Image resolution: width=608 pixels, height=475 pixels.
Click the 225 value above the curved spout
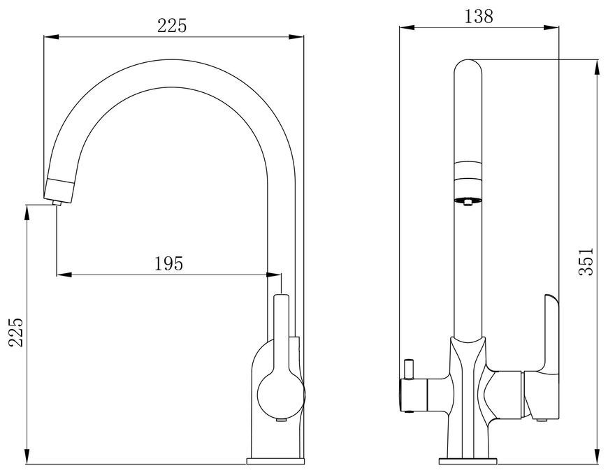coord(172,26)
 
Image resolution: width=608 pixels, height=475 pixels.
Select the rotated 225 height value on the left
coord(17,332)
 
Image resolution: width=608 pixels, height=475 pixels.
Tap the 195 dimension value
coord(168,264)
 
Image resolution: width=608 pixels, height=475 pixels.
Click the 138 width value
coord(479,16)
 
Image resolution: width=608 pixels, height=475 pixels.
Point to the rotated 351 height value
coord(586,261)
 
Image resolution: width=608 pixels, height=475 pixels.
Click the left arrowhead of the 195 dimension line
coord(64,275)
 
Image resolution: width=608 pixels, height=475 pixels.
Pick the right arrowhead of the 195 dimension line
coord(274,275)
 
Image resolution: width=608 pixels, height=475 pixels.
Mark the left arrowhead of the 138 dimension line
coord(407,27)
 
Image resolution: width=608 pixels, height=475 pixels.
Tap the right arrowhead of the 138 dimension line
coord(551,27)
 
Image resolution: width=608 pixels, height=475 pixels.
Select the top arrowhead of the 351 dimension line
coord(597,67)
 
